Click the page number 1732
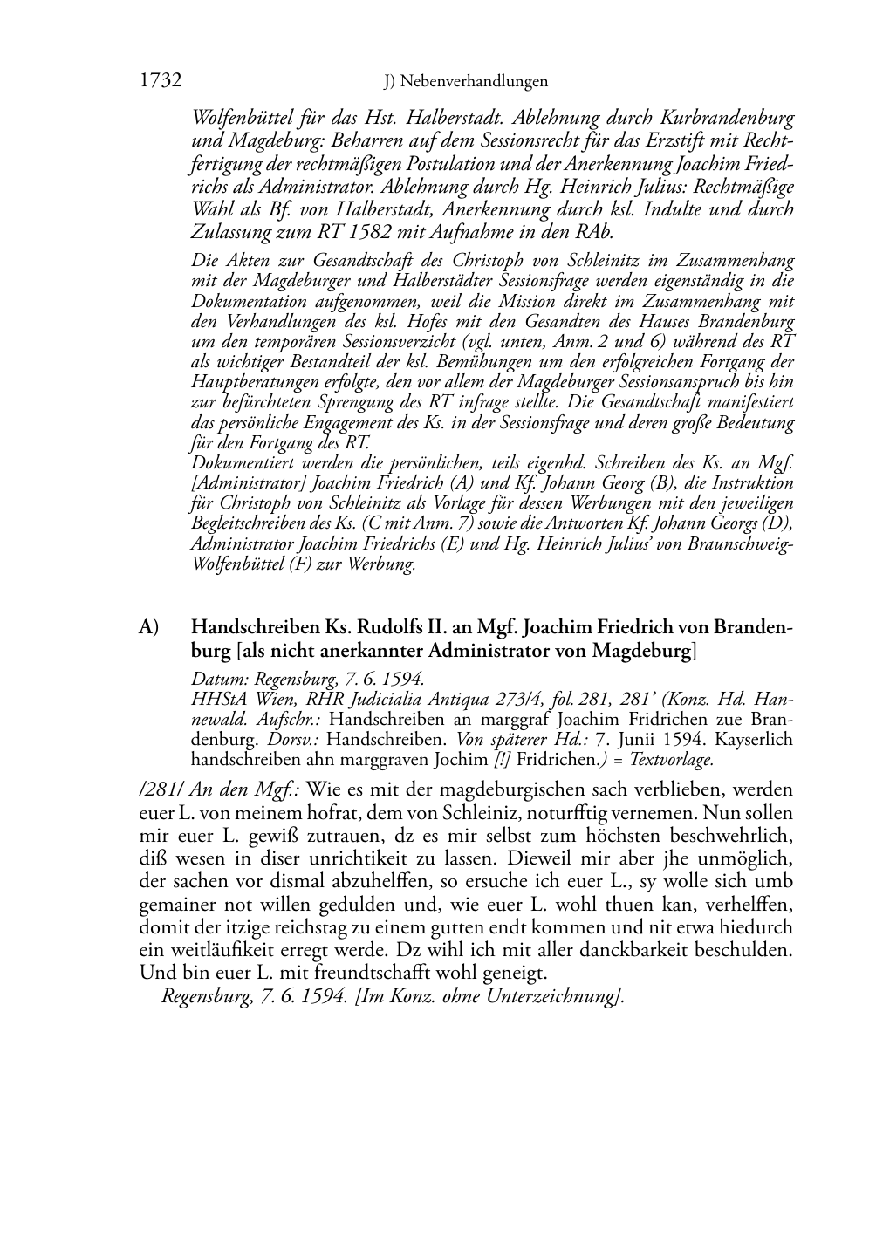coord(160,81)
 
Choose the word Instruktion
coord(749,483)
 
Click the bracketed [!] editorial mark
coord(503,759)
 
